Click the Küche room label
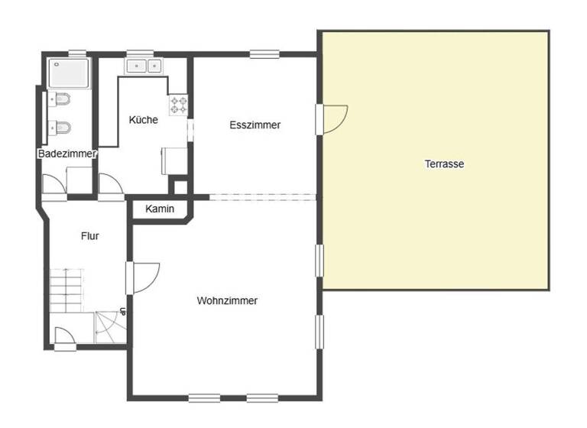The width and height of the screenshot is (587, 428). click(x=144, y=120)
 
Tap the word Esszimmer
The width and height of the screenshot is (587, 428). click(x=255, y=125)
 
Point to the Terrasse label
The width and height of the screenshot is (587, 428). click(x=444, y=164)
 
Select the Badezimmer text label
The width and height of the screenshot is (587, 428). click(x=67, y=154)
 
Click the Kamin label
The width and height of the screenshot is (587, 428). click(x=160, y=209)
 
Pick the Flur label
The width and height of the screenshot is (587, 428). click(x=89, y=236)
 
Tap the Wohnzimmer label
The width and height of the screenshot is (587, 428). click(x=227, y=301)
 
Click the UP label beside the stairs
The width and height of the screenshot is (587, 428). click(x=122, y=313)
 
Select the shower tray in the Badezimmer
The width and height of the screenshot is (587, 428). click(x=69, y=74)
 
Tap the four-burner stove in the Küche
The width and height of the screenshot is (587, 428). click(x=179, y=105)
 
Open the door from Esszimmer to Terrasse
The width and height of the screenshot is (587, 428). click(x=335, y=118)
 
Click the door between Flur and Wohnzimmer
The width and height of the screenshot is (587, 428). click(x=144, y=278)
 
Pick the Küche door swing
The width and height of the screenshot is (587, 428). click(x=109, y=186)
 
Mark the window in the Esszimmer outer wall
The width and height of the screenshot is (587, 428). click(x=264, y=53)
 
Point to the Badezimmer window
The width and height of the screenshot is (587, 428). click(x=77, y=53)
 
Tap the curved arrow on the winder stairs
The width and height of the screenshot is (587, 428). click(x=107, y=327)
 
